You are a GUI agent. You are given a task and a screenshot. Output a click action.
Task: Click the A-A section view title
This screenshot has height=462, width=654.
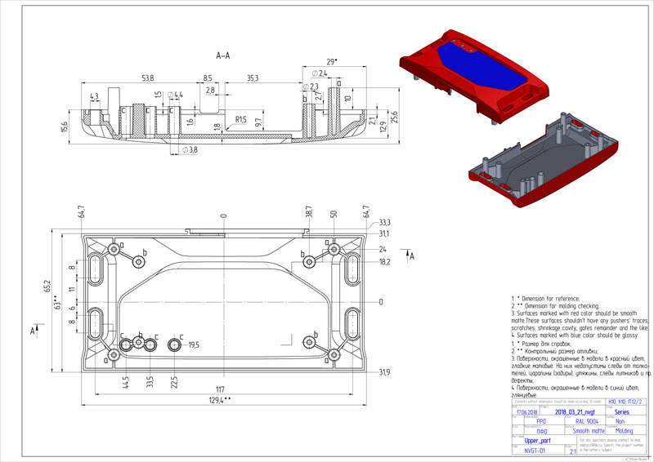tap(222, 56)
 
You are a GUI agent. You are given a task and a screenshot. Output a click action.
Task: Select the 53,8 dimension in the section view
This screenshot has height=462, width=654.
tap(147, 78)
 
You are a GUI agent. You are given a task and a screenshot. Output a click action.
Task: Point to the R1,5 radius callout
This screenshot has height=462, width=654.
tap(241, 119)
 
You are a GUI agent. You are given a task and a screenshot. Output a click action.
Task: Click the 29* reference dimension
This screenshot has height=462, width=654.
tap(331, 62)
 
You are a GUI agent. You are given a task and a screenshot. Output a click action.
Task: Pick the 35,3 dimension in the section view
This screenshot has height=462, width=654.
tap(252, 78)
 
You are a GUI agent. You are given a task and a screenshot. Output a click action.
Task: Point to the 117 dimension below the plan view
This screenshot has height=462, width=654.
tap(220, 388)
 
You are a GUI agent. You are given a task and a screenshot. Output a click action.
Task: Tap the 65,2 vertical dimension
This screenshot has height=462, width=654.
tap(47, 287)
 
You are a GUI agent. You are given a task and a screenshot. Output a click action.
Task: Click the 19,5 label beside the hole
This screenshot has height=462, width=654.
tap(194, 345)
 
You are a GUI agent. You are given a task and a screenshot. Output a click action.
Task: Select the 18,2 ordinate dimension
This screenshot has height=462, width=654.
tap(383, 262)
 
